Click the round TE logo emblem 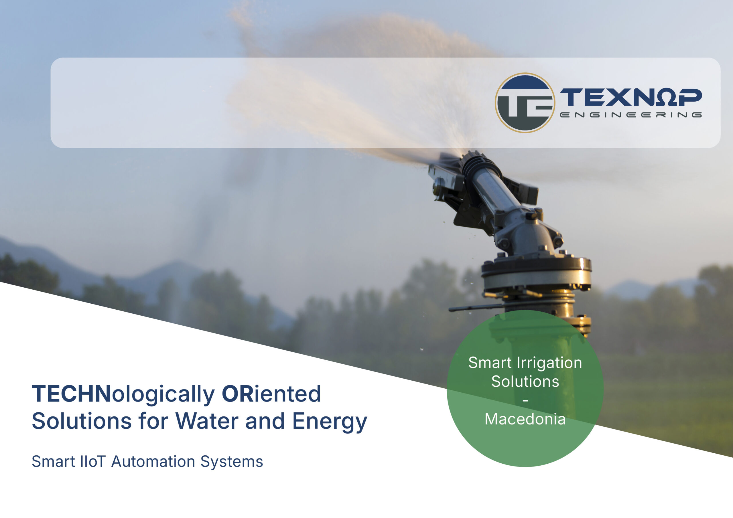click(525, 103)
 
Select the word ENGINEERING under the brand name click(631, 115)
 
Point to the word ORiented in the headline click(271, 394)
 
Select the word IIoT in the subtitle click(92, 462)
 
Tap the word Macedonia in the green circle click(525, 419)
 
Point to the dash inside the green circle click(525, 400)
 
